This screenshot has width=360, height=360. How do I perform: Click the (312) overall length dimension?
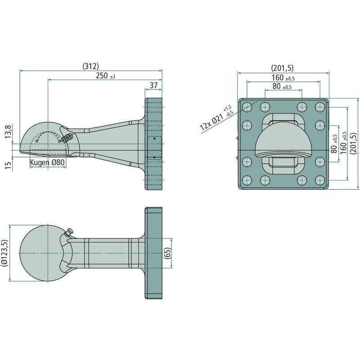pos(90,66)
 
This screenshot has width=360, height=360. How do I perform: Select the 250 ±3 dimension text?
pos(105,76)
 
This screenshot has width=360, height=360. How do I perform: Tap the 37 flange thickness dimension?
pos(153,85)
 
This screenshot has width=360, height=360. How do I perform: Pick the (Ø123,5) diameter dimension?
pos(6,254)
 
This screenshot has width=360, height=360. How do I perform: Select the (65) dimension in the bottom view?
pos(167,253)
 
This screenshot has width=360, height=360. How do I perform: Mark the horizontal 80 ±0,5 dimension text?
pos(282,86)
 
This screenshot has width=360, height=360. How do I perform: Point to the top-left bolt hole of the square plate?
pos(247,107)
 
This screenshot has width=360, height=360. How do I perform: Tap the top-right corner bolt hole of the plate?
pos(320,107)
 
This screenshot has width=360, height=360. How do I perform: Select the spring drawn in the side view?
pos(67,137)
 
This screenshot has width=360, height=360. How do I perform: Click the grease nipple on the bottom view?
pos(69,233)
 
